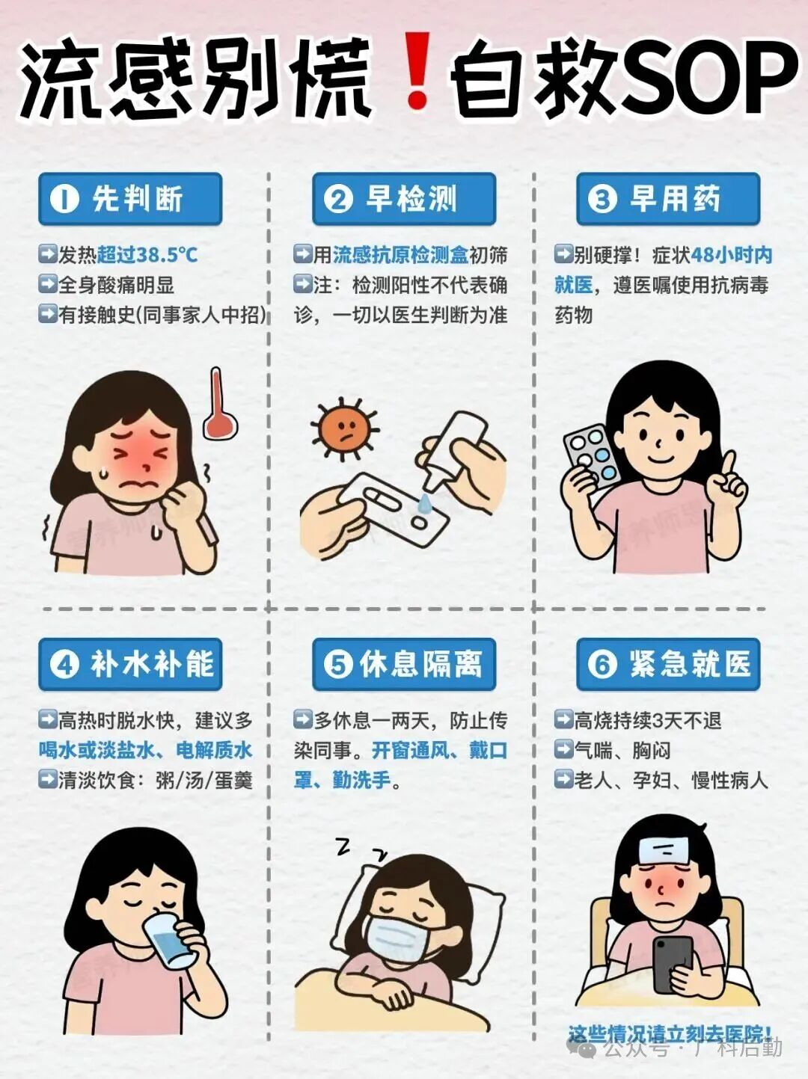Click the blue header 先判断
[x=130, y=199]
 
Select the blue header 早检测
[x=404, y=199]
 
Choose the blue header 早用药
[x=668, y=199]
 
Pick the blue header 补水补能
[x=130, y=664]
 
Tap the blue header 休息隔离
[x=404, y=664]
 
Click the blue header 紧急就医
[x=668, y=664]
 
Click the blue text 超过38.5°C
[x=147, y=255]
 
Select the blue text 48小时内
[x=731, y=255]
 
